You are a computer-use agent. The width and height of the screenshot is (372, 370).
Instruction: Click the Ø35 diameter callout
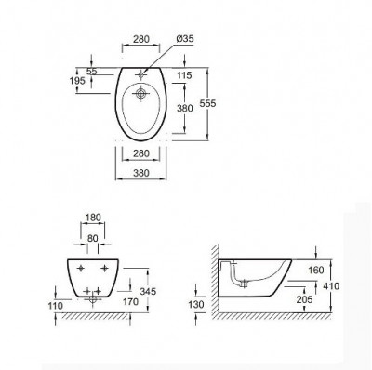(184, 39)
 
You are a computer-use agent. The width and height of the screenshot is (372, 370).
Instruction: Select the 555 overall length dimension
(207, 103)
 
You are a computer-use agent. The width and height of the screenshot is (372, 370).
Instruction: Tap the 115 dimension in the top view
(184, 75)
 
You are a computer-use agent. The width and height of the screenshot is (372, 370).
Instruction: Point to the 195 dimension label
(77, 81)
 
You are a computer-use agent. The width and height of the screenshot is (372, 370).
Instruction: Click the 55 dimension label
(91, 71)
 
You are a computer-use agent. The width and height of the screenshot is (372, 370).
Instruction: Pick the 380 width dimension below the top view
(141, 173)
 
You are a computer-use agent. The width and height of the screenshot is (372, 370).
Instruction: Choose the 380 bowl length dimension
(185, 108)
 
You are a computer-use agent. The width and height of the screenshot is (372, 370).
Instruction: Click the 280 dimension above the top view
(141, 39)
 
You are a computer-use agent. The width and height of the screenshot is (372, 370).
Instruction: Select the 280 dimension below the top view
(141, 153)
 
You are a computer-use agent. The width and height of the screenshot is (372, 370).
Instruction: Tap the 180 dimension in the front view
(93, 218)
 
